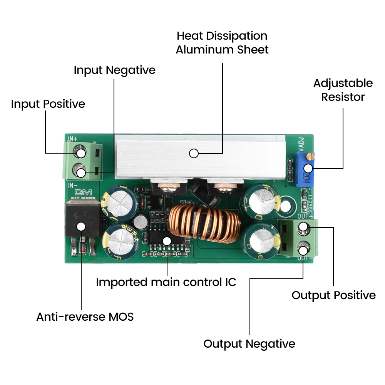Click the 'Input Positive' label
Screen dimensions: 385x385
(x=48, y=104)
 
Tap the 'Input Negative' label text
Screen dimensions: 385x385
(x=114, y=70)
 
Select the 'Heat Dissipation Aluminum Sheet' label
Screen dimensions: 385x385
(x=222, y=43)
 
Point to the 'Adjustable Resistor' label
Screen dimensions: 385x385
(x=343, y=90)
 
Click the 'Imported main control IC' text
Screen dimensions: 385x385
(x=166, y=282)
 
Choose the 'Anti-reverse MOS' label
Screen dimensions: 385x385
(x=85, y=317)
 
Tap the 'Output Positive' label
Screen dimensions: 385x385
(x=333, y=295)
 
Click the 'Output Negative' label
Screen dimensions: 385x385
(x=249, y=344)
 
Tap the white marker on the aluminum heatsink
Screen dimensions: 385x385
(x=194, y=154)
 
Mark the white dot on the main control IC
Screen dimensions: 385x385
(x=166, y=241)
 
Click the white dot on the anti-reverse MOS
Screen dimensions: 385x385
(x=81, y=226)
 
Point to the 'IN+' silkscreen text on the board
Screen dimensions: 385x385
(x=73, y=138)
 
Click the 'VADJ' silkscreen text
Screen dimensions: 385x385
(x=301, y=146)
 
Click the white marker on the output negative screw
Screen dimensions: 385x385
(x=303, y=251)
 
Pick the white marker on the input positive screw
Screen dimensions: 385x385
(x=81, y=153)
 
